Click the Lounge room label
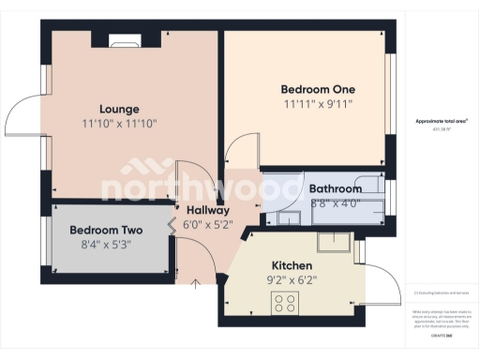(119, 109)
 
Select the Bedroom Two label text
(106, 231)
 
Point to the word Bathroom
(335, 188)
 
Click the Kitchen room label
(292, 264)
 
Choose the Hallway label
(207, 210)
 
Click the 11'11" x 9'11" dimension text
(318, 104)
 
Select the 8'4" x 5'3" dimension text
(106, 246)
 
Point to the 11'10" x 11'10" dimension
(119, 123)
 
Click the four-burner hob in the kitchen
(284, 303)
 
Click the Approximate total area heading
(441, 122)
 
